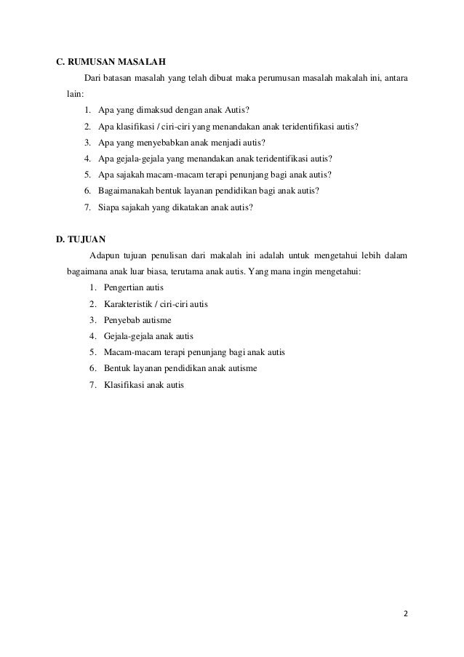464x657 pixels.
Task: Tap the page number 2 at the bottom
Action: click(406, 613)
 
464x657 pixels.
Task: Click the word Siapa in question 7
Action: click(108, 207)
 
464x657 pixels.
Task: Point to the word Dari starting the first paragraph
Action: click(92, 77)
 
